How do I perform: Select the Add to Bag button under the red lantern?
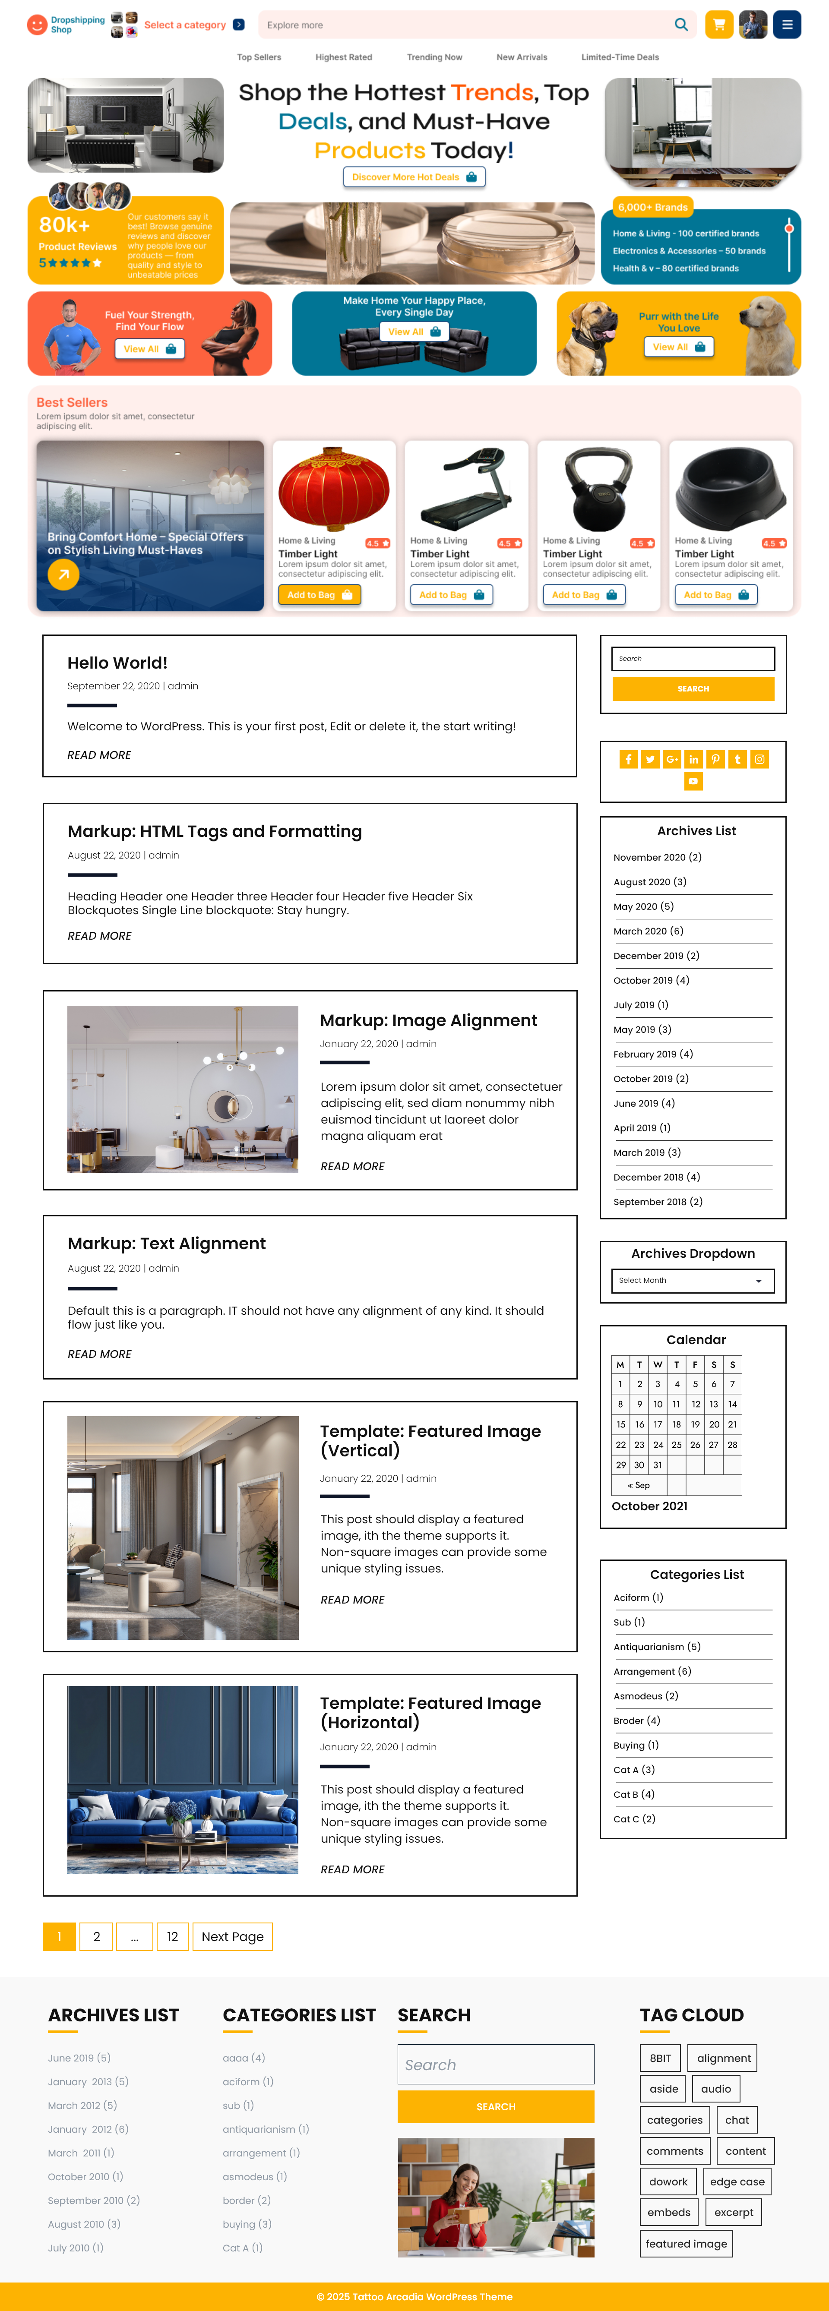320,595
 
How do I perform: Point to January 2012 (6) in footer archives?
88,2129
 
